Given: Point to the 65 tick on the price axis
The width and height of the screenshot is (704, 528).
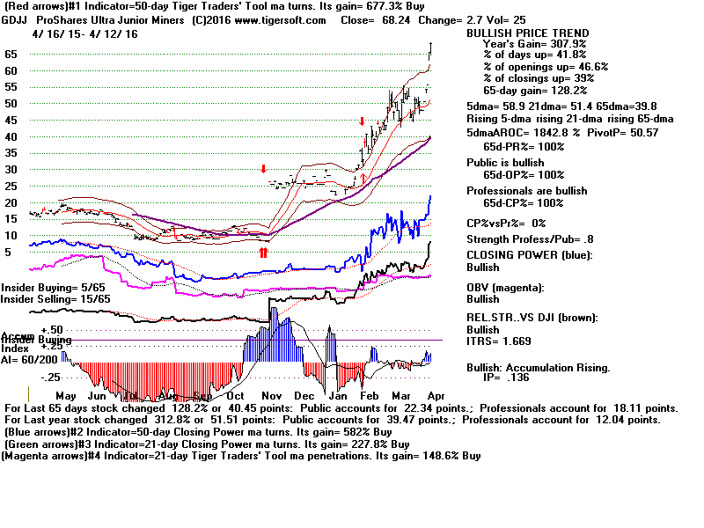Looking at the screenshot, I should point(11,54).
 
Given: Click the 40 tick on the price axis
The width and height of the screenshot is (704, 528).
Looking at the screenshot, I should point(11,136).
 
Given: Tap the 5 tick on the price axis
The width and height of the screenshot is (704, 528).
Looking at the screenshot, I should point(8,252).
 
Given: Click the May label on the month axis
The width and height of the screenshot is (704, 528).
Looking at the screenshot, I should point(67,396).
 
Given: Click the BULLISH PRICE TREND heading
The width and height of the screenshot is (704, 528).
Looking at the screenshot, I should point(527,33).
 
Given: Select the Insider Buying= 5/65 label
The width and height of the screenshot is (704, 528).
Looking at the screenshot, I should point(41,288).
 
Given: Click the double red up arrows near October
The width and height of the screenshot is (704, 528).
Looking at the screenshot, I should point(262,253).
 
